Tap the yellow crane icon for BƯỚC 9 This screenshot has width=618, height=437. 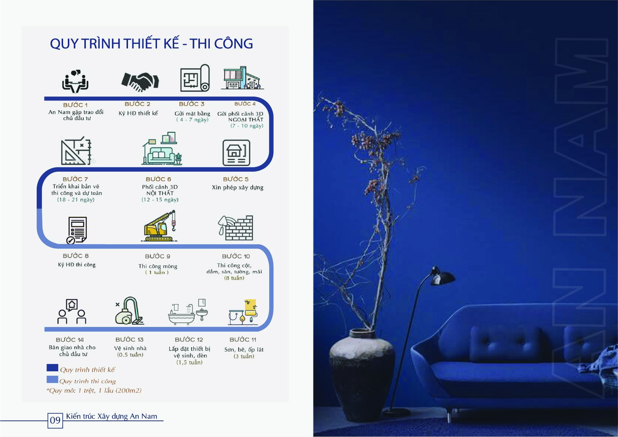pyautogui.click(x=160, y=226)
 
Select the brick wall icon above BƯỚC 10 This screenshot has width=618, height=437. pyautogui.click(x=235, y=228)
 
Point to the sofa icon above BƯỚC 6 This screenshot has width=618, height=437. pyautogui.click(x=162, y=149)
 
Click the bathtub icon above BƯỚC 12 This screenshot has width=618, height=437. pyautogui.click(x=188, y=312)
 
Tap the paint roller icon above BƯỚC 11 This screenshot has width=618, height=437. pyautogui.click(x=243, y=312)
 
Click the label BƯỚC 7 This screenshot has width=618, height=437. pyautogui.click(x=75, y=179)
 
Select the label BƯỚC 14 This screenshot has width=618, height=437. pyautogui.click(x=70, y=339)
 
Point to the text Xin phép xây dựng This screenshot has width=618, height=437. pyautogui.click(x=238, y=187)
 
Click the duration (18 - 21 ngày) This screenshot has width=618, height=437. pyautogui.click(x=76, y=200)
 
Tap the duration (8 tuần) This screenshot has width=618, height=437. pyautogui.click(x=234, y=278)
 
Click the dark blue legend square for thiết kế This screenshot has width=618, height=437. pyautogui.click(x=52, y=368)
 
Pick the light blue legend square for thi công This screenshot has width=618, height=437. pyautogui.click(x=52, y=380)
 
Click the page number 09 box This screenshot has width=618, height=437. pyautogui.click(x=55, y=420)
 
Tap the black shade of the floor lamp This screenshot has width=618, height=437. pyautogui.click(x=443, y=276)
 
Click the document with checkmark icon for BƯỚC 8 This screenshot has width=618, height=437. pyautogui.click(x=77, y=230)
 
